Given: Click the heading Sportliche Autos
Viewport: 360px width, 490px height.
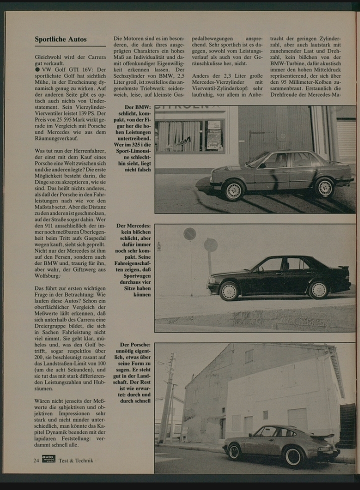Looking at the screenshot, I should [60, 39].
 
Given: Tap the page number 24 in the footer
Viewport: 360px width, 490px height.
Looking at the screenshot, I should [36, 460].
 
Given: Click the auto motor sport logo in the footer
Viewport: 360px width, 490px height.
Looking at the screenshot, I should [48, 459].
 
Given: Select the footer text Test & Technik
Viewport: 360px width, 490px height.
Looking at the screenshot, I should [75, 460].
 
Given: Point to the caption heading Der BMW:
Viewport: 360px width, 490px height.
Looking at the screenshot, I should [136, 107].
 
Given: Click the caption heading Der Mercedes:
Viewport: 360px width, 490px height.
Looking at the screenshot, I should [133, 226].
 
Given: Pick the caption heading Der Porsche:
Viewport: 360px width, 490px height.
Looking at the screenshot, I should [135, 345].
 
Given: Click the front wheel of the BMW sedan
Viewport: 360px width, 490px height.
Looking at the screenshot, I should [232, 190].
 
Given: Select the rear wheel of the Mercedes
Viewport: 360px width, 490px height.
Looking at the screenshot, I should [318, 289].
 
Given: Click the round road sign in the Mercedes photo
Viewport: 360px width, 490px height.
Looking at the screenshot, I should [189, 233].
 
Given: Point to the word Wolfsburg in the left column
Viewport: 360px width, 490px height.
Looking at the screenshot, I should [48, 275].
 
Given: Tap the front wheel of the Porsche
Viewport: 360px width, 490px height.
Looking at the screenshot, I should [234, 451].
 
